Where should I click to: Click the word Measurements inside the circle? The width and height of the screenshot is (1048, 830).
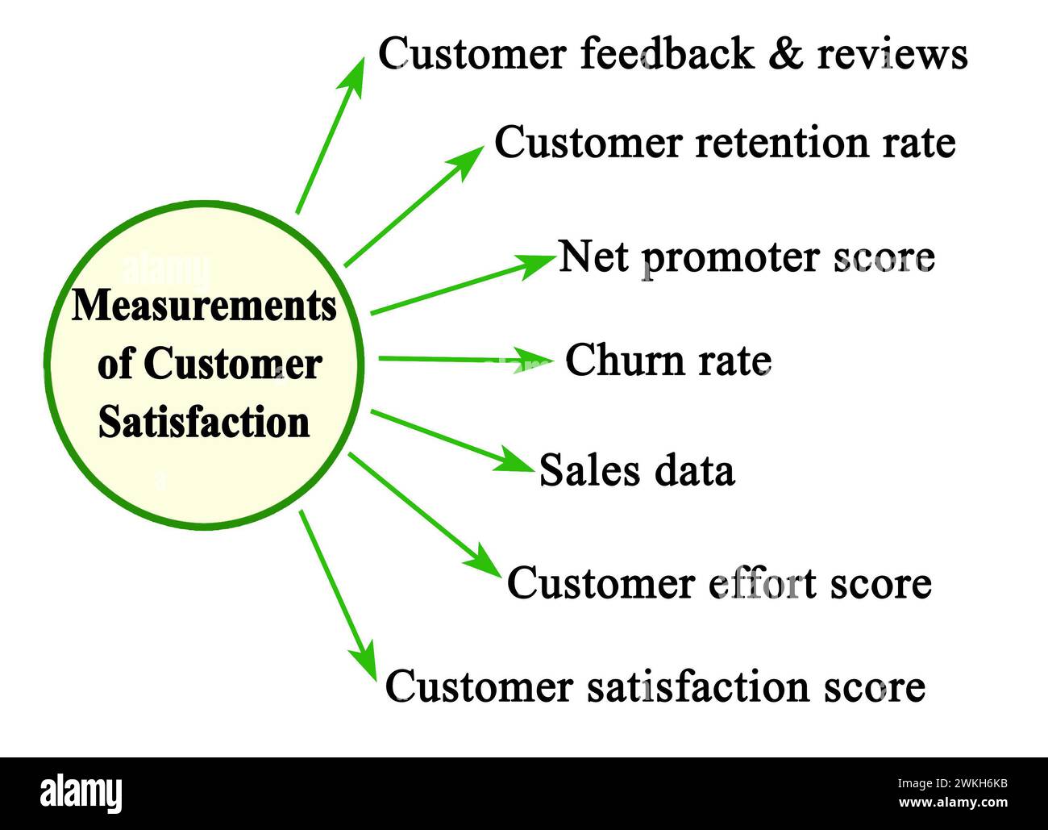pos(204,306)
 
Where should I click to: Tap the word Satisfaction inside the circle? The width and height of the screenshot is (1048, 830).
pos(204,422)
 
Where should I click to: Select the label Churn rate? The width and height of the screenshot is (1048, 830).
pos(667,361)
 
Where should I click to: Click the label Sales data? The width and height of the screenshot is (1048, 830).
pos(637,470)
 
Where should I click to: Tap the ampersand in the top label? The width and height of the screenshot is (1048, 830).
pos(785,55)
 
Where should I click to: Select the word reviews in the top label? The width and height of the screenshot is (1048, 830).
pos(892,55)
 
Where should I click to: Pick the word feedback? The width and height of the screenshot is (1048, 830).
pos(667,54)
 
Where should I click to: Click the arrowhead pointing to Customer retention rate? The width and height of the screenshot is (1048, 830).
pos(467,161)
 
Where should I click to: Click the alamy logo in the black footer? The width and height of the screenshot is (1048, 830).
pos(81,794)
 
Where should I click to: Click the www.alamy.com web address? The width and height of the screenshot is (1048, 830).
pos(954,803)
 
